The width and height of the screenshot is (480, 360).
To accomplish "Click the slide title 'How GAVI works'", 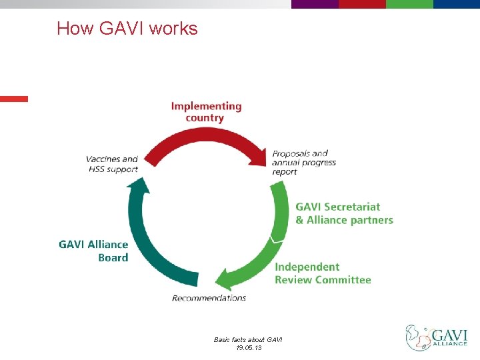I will coord(127,29).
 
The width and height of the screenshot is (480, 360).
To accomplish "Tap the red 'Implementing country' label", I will coord(206,112).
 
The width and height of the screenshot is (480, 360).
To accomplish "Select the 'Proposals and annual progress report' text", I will coord(304,163).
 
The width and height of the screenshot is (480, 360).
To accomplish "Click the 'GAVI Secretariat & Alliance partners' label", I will coord(344,213).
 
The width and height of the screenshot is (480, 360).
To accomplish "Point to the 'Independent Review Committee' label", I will coord(323,273).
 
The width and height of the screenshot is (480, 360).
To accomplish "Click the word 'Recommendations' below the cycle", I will coord(209,298).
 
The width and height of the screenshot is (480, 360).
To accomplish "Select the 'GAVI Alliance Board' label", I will coord(93,251).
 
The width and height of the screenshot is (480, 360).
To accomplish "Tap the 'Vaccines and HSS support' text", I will coord(112,164).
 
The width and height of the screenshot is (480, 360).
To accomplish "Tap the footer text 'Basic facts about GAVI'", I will coord(248,340).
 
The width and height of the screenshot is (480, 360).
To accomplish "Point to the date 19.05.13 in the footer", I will coord(248,348).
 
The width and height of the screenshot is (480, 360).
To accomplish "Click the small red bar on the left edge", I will coord(14,99).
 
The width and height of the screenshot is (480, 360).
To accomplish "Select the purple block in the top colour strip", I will coord(315,4).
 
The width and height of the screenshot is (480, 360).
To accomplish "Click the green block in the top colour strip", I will coord(409,4).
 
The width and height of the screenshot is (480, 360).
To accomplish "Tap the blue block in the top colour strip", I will coord(457,4).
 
